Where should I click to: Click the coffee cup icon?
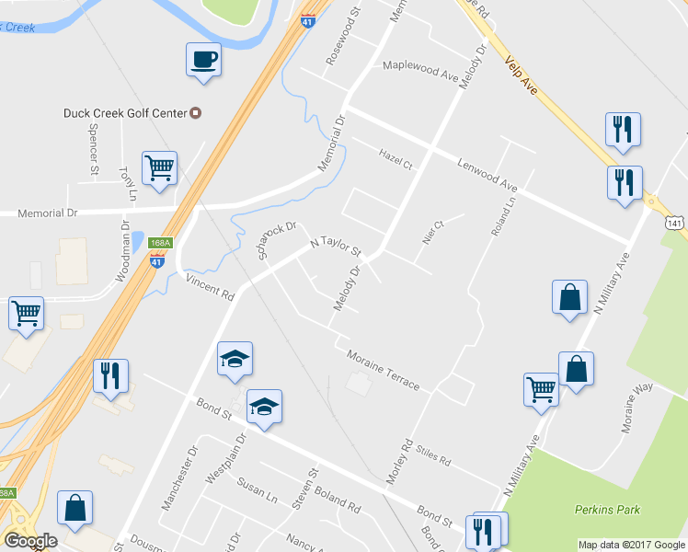(x=204, y=61)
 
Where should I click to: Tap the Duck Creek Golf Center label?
(x=125, y=113)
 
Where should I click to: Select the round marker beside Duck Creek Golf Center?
(x=195, y=113)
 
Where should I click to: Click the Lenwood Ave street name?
(x=487, y=175)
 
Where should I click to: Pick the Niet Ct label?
(x=432, y=229)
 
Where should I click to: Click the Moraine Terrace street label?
(x=383, y=369)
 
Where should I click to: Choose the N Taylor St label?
(x=336, y=246)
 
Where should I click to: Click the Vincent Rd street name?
(x=210, y=286)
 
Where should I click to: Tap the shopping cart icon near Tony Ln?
(x=160, y=168)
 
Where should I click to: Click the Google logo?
(x=29, y=541)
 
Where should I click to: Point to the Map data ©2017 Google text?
(x=631, y=545)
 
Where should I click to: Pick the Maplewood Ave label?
(x=420, y=71)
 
